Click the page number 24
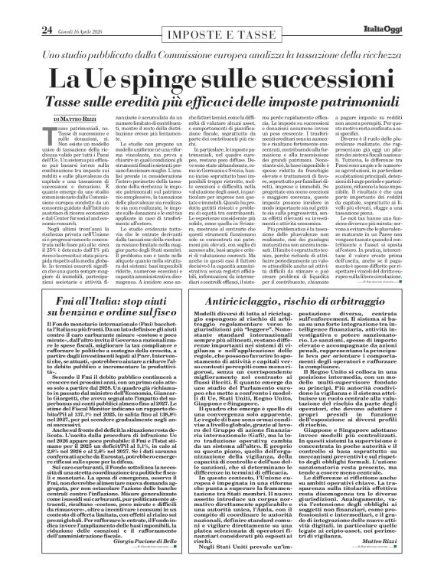click(26, 9)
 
